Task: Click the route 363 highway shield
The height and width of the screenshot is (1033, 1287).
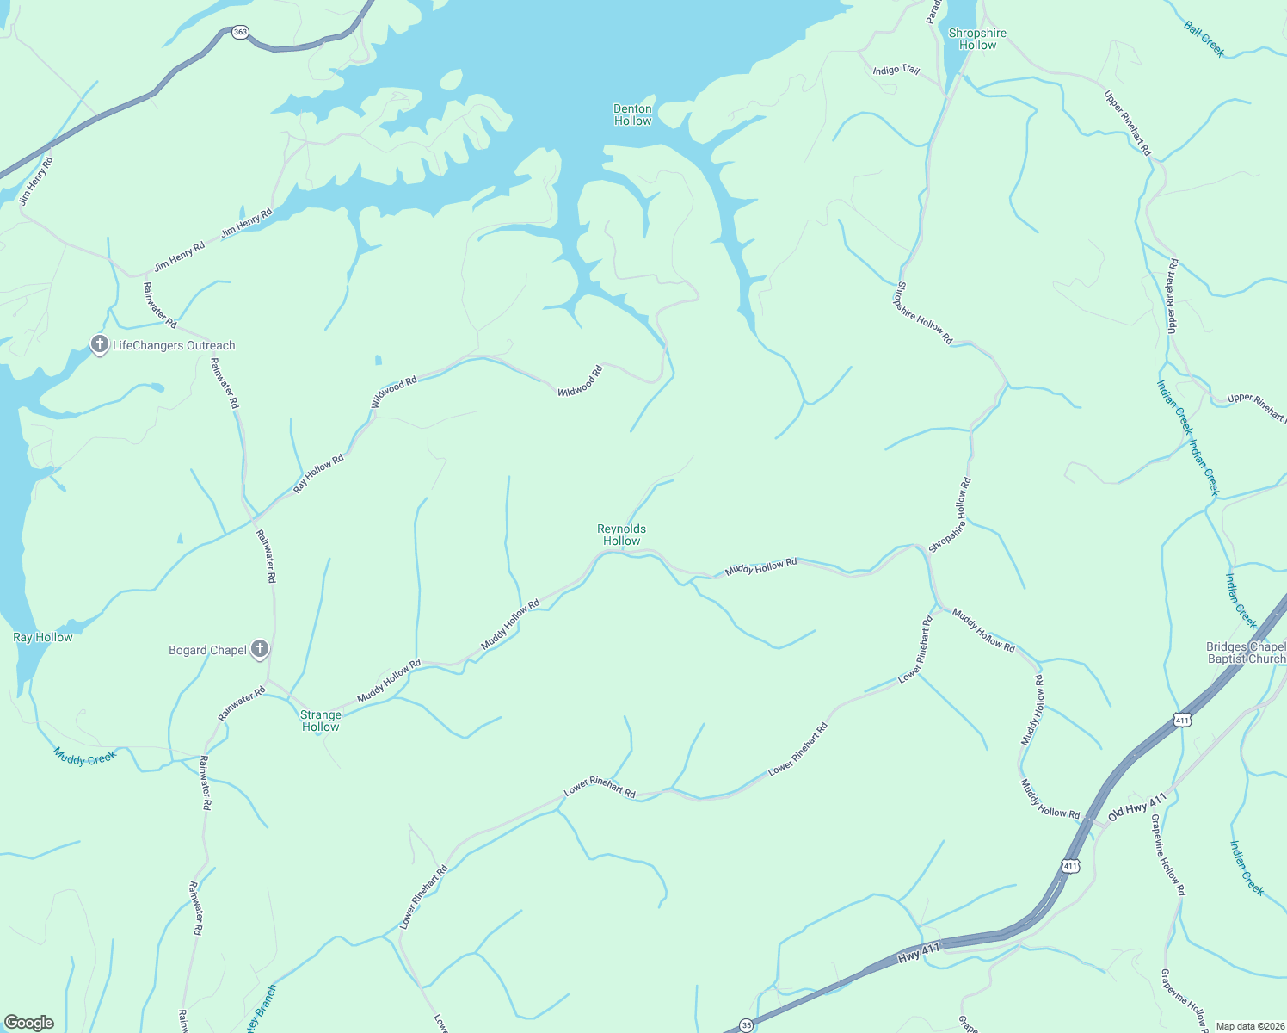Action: pyautogui.click(x=240, y=33)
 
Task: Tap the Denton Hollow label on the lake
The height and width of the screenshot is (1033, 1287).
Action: pyautogui.click(x=632, y=114)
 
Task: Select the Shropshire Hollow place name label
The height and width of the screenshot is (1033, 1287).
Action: pyautogui.click(x=977, y=39)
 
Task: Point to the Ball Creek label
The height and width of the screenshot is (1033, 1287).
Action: pyautogui.click(x=1204, y=39)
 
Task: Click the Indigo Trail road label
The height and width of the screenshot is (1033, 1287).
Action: pyautogui.click(x=896, y=70)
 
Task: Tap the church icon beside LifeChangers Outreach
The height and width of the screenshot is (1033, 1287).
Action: pyautogui.click(x=100, y=345)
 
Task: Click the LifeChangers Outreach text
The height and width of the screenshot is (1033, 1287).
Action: pyautogui.click(x=174, y=345)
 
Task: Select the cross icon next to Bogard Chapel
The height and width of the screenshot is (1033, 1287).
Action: pyautogui.click(x=260, y=650)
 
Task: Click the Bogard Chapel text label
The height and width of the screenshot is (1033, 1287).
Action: pyautogui.click(x=208, y=650)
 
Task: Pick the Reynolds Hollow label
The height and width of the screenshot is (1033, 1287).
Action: pyautogui.click(x=621, y=535)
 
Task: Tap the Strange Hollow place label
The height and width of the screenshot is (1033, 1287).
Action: pyautogui.click(x=321, y=721)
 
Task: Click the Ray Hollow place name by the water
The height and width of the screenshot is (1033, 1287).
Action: pyautogui.click(x=43, y=637)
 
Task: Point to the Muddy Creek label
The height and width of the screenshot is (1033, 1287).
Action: pyautogui.click(x=84, y=756)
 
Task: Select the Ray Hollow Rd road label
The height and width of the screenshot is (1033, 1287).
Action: pyautogui.click(x=318, y=473)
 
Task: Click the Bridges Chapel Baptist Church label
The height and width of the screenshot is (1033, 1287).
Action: pyautogui.click(x=1246, y=653)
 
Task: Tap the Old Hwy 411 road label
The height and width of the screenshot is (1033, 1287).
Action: pyautogui.click(x=1136, y=806)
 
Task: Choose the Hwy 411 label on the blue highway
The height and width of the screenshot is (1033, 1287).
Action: pyautogui.click(x=919, y=953)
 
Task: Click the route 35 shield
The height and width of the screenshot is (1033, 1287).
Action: pyautogui.click(x=746, y=1025)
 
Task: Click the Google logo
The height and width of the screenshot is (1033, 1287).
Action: pyautogui.click(x=29, y=1023)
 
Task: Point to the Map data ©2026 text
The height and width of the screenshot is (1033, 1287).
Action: pyautogui.click(x=1249, y=1026)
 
